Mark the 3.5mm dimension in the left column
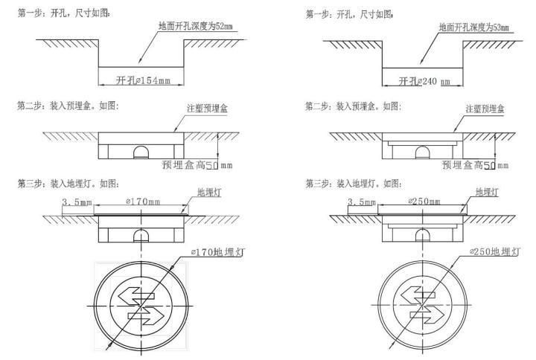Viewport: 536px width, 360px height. coord(77,202)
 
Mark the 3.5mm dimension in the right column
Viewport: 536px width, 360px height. coord(363,202)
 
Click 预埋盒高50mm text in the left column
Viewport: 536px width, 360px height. coord(198,165)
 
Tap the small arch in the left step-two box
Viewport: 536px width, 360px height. coord(139,152)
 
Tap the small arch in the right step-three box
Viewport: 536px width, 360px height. coord(424,234)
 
